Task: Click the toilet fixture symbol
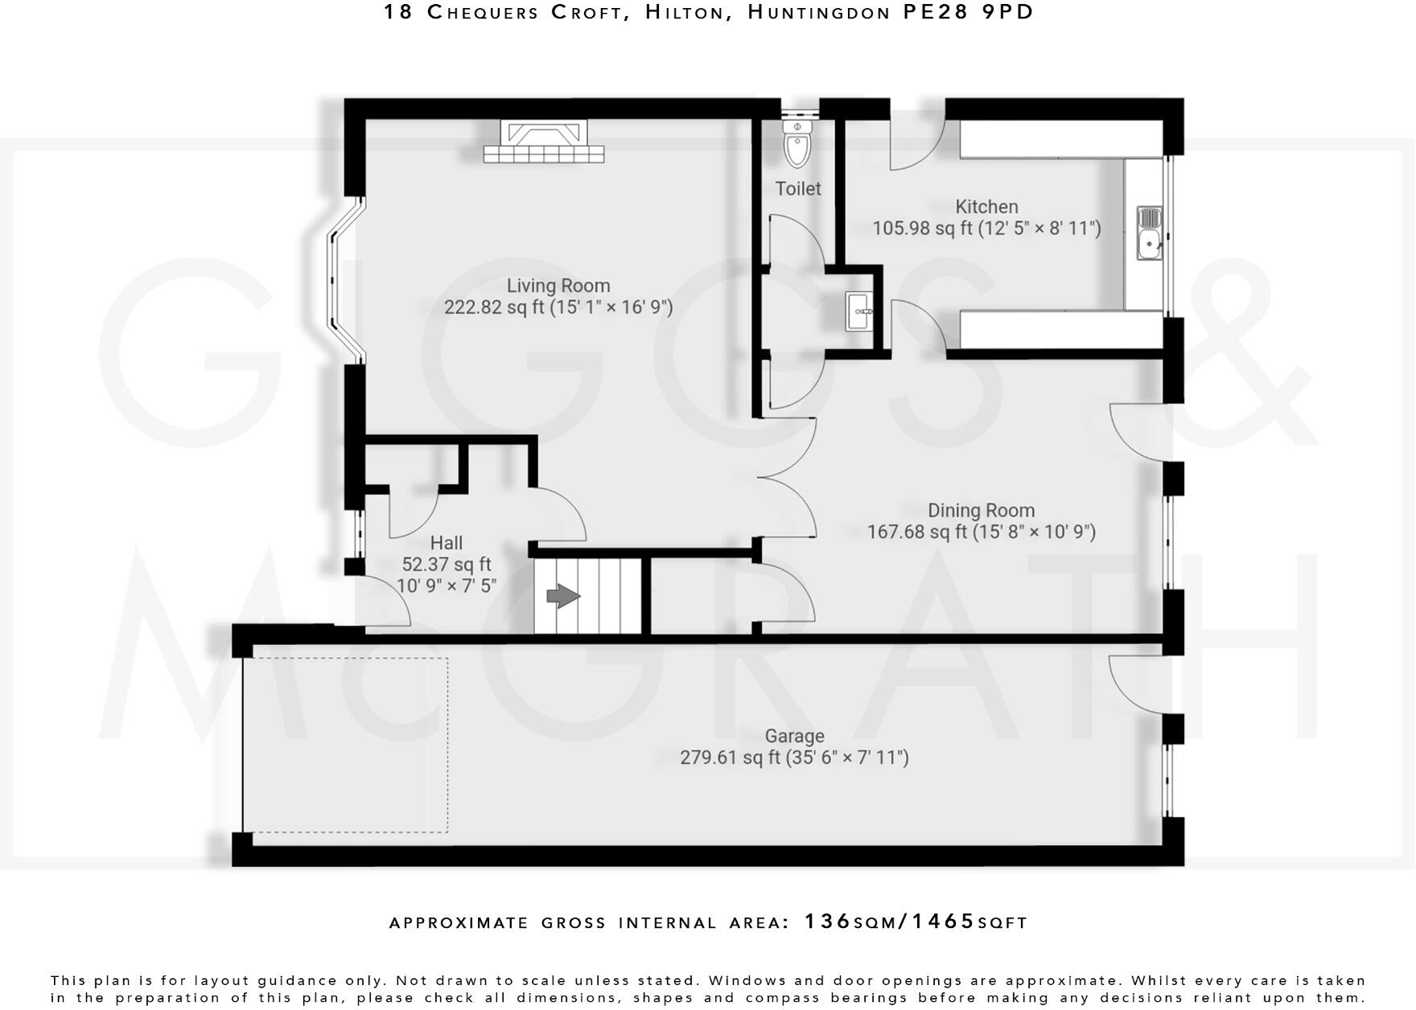coord(796,144)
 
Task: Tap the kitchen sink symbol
coord(1150,233)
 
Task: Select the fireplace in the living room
coord(543,142)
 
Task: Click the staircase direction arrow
coord(563,597)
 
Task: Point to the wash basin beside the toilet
coord(860,311)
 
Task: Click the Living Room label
coord(558,285)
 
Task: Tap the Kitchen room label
coord(986,207)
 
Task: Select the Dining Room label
coord(981,511)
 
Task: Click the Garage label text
coord(794,736)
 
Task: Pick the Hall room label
coord(447,543)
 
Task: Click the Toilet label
coord(798,188)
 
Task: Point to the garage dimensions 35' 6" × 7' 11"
coord(847,757)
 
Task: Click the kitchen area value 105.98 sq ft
coord(922,228)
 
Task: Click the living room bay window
coord(344,281)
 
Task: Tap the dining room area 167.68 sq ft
coord(917,532)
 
